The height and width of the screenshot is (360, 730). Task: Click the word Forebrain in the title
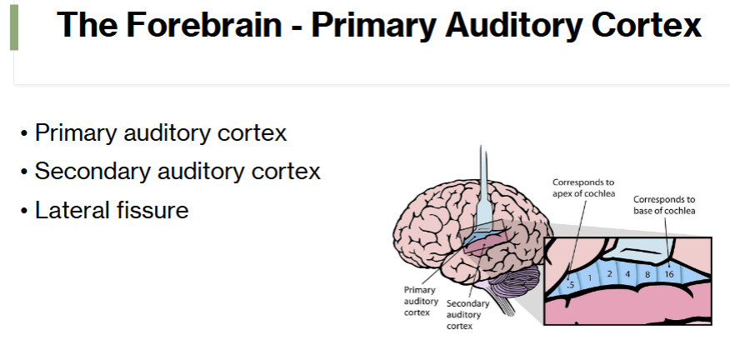coord(204,24)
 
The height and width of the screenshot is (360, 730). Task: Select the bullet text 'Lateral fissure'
coord(112,210)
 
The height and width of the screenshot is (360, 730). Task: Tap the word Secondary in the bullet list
coord(92,172)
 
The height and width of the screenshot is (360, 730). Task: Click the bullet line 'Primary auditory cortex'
coord(161,133)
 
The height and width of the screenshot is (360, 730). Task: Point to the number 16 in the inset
coord(668,274)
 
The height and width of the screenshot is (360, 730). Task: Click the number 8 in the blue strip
coord(647,274)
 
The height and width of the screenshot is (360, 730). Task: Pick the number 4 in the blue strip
coord(627,274)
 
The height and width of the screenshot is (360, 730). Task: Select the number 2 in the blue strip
coord(609,274)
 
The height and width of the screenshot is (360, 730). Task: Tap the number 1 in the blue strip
coord(590,278)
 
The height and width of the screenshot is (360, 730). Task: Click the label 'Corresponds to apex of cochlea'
coord(584,188)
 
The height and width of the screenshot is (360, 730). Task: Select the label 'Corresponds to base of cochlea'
coord(664,205)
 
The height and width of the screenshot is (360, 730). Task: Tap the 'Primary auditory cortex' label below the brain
coord(421,301)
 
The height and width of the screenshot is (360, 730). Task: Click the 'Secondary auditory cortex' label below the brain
coord(467,315)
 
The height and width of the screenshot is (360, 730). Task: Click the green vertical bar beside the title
coord(14,27)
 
